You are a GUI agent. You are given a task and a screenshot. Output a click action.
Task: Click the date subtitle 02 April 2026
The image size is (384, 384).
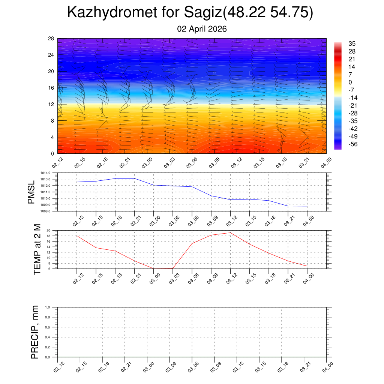[x=202, y=29]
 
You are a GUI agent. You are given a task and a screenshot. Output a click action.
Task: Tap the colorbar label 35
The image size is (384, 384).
[x=352, y=43]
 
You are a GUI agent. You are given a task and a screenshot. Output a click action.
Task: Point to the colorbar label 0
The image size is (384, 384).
[x=350, y=82]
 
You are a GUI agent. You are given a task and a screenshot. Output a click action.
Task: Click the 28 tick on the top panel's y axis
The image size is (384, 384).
[x=51, y=39]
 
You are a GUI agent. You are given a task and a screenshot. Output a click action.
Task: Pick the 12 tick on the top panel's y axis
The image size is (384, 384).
[x=51, y=104]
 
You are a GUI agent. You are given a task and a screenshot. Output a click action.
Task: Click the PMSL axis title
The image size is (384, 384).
[x=31, y=192]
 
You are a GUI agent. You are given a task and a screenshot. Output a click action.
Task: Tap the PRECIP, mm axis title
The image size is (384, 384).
[x=35, y=332]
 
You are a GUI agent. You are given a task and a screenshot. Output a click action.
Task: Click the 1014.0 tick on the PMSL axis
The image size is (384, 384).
[x=50, y=173]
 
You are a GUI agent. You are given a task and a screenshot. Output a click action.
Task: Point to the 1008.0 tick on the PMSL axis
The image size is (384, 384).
[x=50, y=211]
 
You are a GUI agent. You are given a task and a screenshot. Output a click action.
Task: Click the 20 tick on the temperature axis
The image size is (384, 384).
[x=48, y=230]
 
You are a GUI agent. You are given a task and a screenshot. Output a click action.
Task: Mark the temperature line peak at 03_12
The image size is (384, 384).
[x=230, y=232]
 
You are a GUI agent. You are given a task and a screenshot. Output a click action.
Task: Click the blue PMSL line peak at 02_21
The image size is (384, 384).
[x=134, y=178]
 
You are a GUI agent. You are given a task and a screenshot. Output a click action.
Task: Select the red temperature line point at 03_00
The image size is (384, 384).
[x=153, y=268]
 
